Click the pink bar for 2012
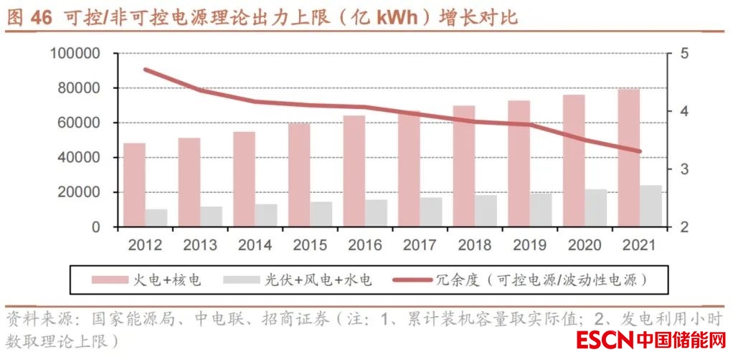tap(134, 185)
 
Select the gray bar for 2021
tap(650, 207)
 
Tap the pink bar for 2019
tap(519, 164)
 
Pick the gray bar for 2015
tap(321, 214)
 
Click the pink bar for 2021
tap(629, 158)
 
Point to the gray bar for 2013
tap(211, 217)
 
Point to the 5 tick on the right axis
tap(684, 54)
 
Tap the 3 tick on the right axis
tap(684, 169)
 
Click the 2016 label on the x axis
tap(364, 246)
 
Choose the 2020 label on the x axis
tap(585, 246)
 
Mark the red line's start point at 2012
tap(146, 70)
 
